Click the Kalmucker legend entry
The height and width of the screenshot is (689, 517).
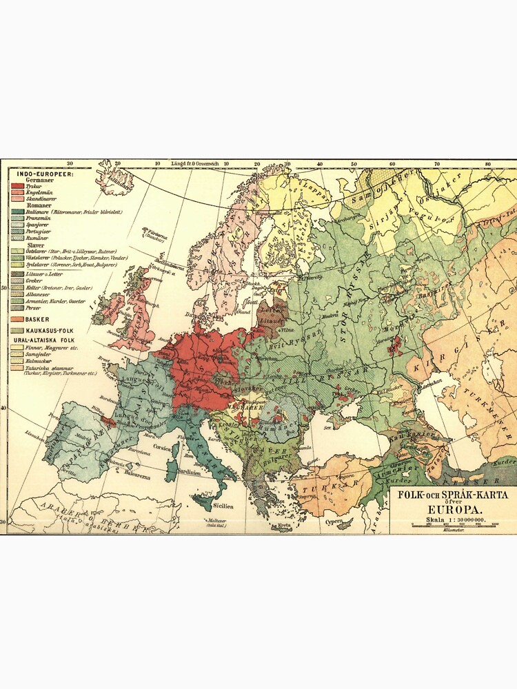tap(37, 360)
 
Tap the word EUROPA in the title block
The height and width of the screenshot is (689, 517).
tap(447, 509)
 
